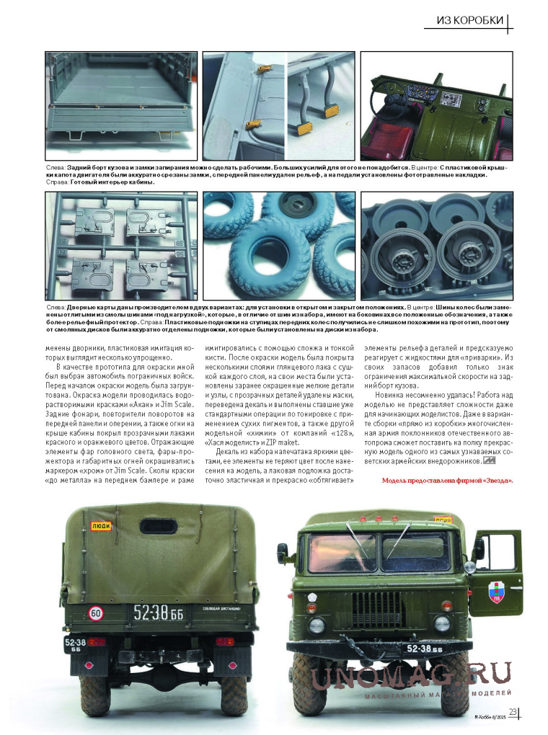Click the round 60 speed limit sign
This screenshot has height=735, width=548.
(96, 613)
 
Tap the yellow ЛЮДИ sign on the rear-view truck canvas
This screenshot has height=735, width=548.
(101, 527)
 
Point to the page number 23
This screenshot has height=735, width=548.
(513, 713)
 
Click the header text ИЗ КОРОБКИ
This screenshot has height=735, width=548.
(469, 20)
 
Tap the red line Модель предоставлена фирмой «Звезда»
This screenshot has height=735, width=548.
(447, 481)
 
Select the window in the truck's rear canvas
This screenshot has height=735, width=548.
(159, 527)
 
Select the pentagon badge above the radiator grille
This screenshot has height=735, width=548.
(312, 597)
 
